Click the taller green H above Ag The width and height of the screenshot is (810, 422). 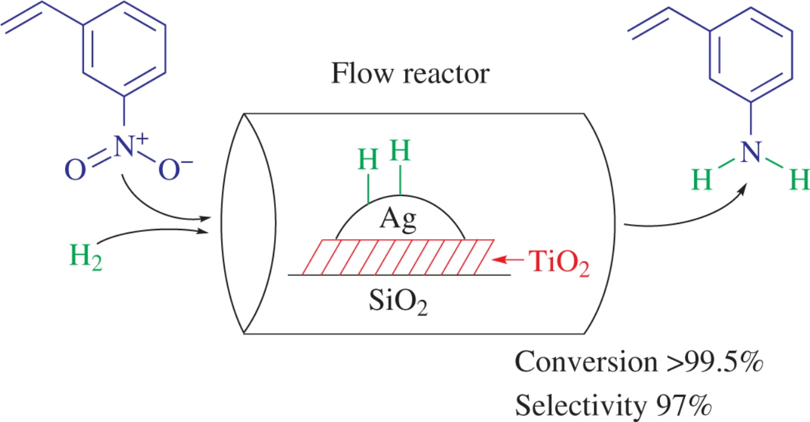(400, 149)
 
